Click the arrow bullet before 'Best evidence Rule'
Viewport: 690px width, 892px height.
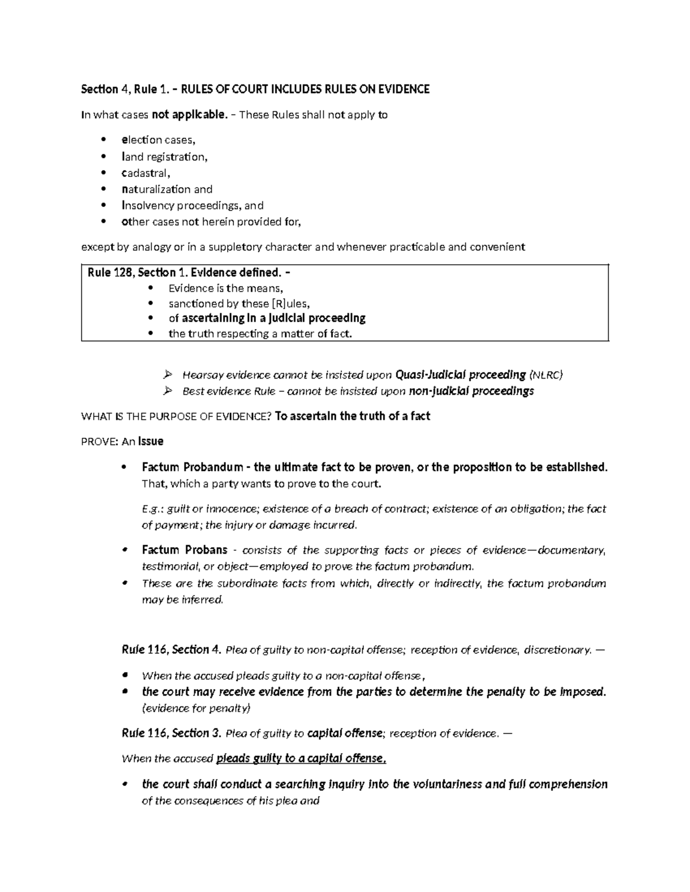(167, 391)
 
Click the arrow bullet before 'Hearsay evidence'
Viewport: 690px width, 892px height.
(167, 375)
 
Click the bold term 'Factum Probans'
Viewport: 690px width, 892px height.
(185, 550)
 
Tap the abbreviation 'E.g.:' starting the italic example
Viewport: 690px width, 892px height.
(152, 509)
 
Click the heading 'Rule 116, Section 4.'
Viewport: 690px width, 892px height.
(171, 650)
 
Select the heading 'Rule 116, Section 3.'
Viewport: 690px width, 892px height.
(171, 733)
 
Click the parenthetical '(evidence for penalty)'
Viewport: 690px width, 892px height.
(196, 708)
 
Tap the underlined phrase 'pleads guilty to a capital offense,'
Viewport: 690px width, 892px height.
(301, 758)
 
